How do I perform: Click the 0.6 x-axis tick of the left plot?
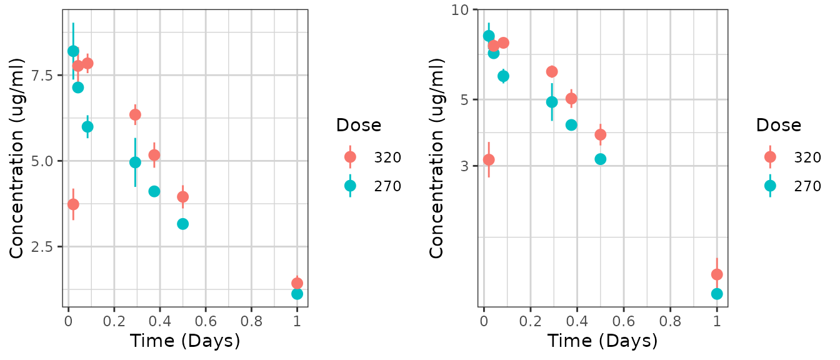click(206, 321)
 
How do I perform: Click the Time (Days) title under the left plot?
click(185, 341)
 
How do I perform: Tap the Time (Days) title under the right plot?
click(602, 341)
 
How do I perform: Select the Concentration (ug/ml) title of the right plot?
click(437, 158)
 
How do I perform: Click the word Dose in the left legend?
click(358, 125)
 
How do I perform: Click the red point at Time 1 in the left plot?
click(297, 283)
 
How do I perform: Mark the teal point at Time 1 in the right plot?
click(717, 294)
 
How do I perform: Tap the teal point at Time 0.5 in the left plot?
click(182, 224)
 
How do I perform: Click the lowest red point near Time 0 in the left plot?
click(73, 204)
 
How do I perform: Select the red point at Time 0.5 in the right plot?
click(601, 134)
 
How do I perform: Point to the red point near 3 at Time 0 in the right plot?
click(489, 160)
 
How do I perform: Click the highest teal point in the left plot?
click(73, 51)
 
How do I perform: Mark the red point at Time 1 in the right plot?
click(717, 274)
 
